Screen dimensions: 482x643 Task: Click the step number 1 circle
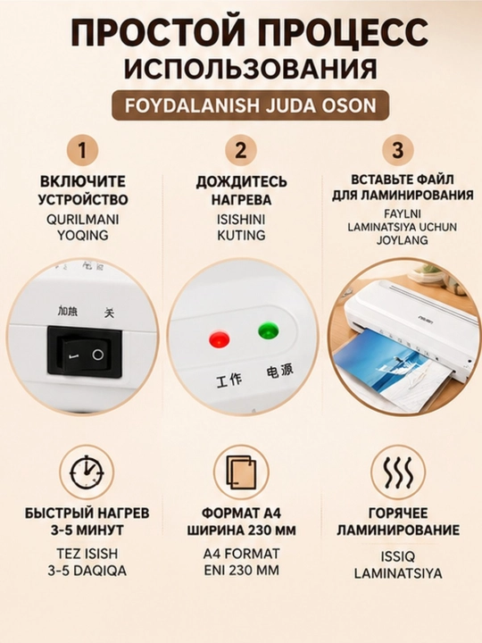(x=82, y=150)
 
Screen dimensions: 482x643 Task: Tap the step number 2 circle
(x=241, y=150)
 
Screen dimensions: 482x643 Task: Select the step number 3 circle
(x=398, y=150)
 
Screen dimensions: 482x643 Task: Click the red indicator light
(x=219, y=339)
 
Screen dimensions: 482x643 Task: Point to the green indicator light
(x=269, y=330)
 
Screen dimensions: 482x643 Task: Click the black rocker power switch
(x=85, y=351)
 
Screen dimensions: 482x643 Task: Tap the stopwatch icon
(x=87, y=472)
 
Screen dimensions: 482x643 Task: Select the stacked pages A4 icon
(x=241, y=472)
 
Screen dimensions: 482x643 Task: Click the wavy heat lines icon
(x=398, y=472)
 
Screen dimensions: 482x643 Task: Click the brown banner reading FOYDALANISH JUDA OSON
(x=251, y=105)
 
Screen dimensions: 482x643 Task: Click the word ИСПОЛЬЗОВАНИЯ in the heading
(x=251, y=69)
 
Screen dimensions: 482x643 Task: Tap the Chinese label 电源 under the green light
(x=280, y=372)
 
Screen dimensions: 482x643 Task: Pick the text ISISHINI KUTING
(x=241, y=227)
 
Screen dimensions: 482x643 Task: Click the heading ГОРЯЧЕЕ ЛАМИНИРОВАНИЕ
(x=398, y=522)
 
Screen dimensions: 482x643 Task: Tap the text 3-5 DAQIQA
(x=87, y=571)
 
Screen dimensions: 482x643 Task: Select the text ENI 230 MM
(x=241, y=570)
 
